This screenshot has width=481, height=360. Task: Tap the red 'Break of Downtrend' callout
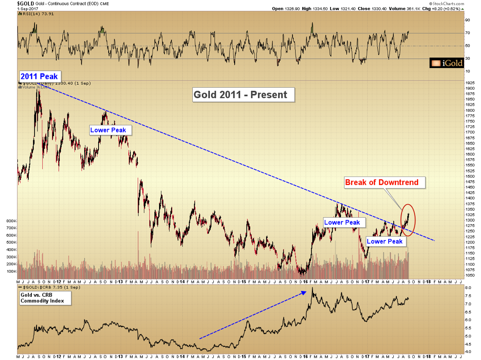[x=382, y=182]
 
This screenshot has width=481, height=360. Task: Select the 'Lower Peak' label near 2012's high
[x=108, y=130]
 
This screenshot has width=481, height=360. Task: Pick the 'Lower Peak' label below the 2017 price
[x=385, y=241]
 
